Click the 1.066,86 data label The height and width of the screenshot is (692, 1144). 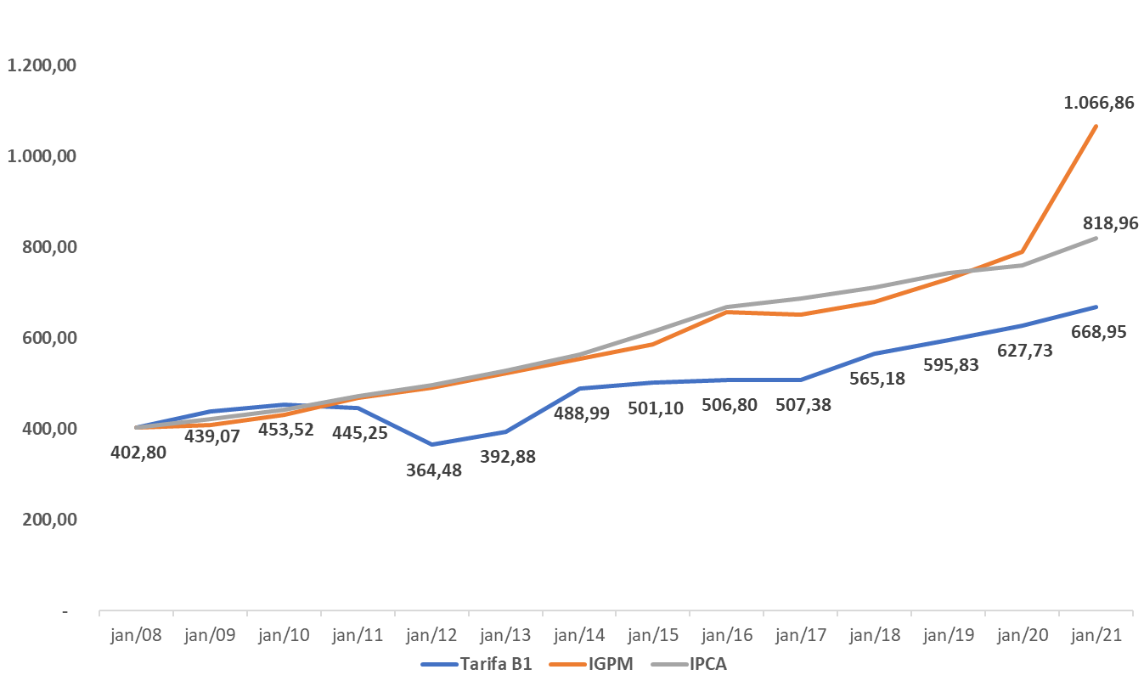1098,104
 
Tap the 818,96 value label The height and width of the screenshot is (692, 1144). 1110,223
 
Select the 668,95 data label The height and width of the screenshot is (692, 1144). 1098,331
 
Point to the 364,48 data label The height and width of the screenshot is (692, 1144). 434,470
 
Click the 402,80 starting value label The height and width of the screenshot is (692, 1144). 138,452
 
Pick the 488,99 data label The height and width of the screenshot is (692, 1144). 582,414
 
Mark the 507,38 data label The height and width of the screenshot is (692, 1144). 803,405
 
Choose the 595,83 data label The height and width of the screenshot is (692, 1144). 950,365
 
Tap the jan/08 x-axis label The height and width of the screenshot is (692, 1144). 137,634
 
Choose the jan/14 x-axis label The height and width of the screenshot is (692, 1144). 580,634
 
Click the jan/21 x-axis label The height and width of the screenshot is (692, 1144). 1096,634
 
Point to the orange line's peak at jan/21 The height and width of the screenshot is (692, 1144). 1096,126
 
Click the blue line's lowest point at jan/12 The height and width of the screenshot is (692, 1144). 432,444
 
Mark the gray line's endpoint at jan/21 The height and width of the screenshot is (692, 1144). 1096,238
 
